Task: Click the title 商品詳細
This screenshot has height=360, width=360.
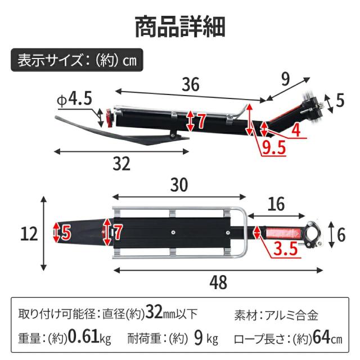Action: pos(180,27)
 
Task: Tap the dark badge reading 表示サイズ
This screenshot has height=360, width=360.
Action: pos(77,60)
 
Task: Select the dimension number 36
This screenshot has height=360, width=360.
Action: pos(191,84)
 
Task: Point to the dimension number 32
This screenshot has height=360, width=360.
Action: pos(121,164)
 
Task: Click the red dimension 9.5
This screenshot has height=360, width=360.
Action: pos(274,147)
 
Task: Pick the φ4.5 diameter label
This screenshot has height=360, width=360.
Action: pos(74,99)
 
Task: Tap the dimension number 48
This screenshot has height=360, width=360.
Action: pos(218,282)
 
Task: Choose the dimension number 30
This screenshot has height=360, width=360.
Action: pos(179,184)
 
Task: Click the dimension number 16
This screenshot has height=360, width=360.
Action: pos(276,204)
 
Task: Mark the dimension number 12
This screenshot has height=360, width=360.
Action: pos(29,234)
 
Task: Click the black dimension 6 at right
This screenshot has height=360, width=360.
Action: pos(341,235)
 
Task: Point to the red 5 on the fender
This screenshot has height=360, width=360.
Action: pos(66,232)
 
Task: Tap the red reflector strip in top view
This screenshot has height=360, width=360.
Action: pos(283,233)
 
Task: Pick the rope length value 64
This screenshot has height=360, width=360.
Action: pos(322,337)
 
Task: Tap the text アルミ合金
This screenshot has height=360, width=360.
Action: pos(291,315)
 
